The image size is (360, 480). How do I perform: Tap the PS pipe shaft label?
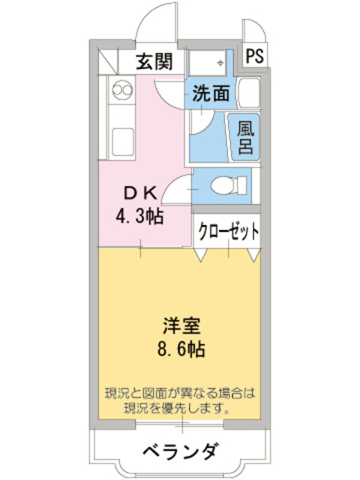click(x=254, y=56)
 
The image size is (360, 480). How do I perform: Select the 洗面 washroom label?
click(x=211, y=94)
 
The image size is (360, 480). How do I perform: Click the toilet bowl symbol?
click(x=224, y=184)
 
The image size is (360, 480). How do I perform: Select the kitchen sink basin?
click(x=121, y=139)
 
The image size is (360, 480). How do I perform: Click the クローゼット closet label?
click(x=228, y=230)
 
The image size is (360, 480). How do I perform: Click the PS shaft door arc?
click(x=253, y=28)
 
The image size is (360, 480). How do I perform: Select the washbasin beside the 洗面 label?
click(x=247, y=94)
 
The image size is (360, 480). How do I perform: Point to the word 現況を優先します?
click(x=179, y=409)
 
